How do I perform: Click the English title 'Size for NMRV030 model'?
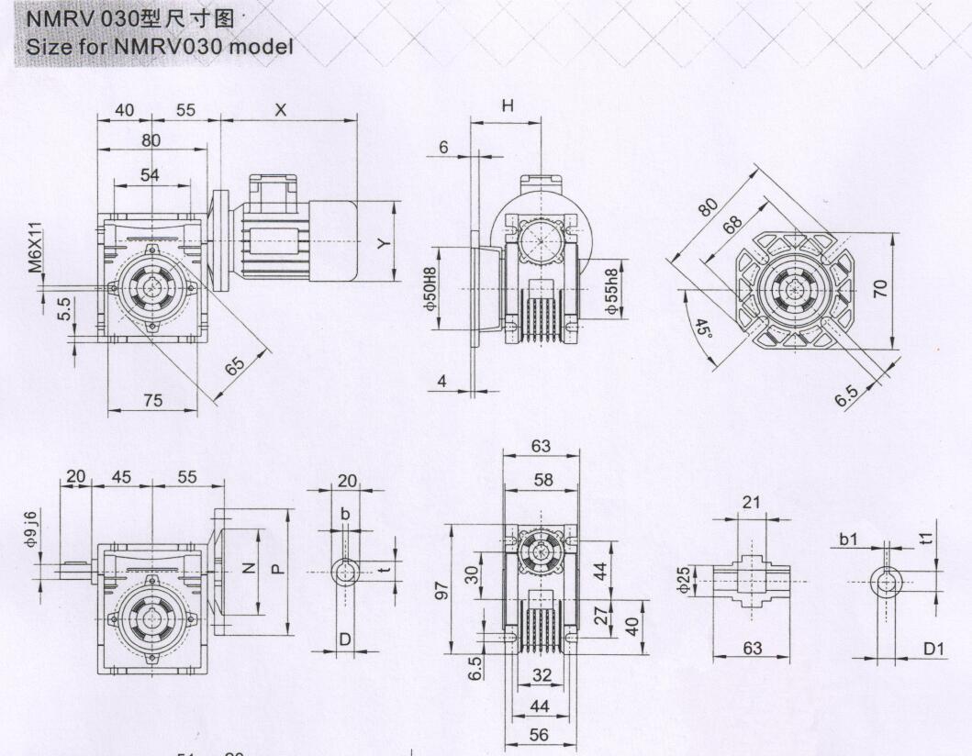click(161, 47)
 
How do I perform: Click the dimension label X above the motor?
click(281, 109)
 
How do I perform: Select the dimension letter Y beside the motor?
click(385, 242)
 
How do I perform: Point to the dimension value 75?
click(152, 399)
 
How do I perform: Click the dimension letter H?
click(507, 106)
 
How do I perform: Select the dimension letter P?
click(279, 568)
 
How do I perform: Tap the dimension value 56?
click(542, 735)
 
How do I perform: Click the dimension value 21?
click(751, 502)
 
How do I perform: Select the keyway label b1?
click(848, 539)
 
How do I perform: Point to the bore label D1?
click(933, 649)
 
